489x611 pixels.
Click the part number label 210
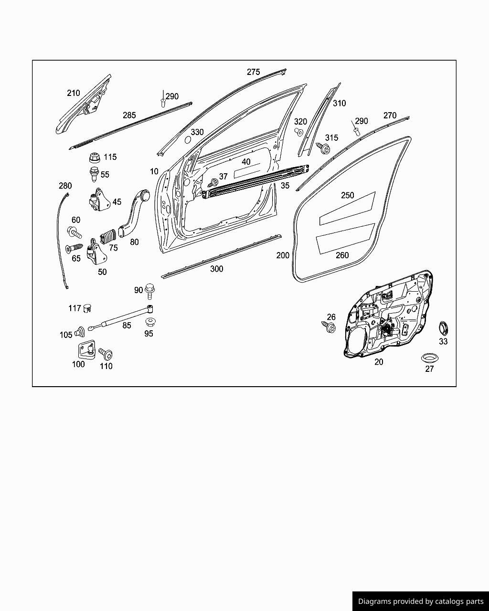click(74, 93)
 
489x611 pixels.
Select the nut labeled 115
click(95, 158)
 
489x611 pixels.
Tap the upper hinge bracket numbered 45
click(99, 200)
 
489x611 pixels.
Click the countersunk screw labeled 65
click(74, 248)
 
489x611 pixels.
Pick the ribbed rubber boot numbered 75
click(108, 236)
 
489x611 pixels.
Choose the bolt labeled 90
click(149, 291)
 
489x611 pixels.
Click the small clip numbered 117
click(87, 308)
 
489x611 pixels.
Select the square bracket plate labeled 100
click(86, 350)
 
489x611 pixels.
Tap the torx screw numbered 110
click(106, 354)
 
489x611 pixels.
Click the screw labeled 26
click(329, 327)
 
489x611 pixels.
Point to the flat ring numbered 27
click(429, 358)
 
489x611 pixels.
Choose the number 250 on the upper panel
click(348, 195)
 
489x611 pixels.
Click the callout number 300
click(216, 269)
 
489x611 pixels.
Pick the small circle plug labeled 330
click(188, 140)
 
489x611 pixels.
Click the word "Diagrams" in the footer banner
click(374, 601)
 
